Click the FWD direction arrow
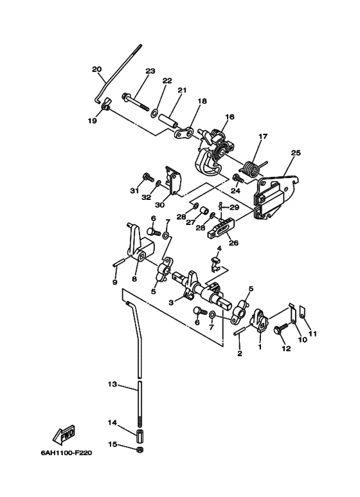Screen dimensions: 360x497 point(64,435)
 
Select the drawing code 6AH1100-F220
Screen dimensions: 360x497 point(66,453)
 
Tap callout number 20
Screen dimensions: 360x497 point(96,69)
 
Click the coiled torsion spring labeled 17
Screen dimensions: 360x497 point(253,168)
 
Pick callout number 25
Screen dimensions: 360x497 point(296,152)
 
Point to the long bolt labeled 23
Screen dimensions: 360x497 point(135,102)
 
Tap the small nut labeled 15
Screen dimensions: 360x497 point(139,449)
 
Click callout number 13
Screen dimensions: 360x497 point(113,384)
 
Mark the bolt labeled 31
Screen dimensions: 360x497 point(148,177)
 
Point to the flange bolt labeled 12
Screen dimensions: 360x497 point(280,329)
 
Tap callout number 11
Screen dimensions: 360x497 point(313,334)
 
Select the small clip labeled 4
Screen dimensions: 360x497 point(216,264)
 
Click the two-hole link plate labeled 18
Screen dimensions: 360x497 point(183,133)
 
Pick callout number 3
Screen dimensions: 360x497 point(171,303)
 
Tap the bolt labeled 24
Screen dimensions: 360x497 point(238,179)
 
